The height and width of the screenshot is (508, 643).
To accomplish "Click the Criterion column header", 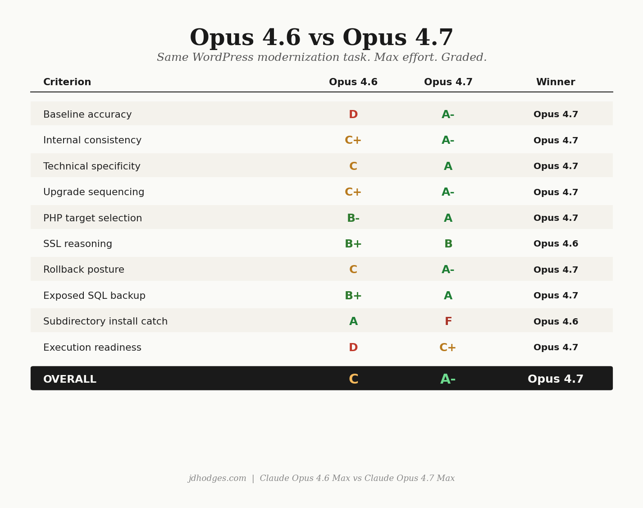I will (67, 82).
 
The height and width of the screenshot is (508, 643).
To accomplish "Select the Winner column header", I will (555, 82).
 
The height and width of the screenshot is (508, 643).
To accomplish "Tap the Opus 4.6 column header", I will (353, 82).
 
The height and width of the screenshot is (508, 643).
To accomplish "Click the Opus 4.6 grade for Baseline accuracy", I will (353, 115).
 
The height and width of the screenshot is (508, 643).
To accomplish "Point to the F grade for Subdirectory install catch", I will (448, 322).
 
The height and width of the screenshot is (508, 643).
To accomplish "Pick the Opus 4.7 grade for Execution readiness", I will (447, 348).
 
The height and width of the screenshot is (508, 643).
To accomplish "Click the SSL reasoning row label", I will (78, 244).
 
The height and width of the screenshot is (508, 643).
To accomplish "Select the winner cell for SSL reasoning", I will (556, 244).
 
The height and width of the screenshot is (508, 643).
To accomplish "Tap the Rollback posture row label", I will (84, 270).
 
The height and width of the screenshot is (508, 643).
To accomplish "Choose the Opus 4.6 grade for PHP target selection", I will (353, 219).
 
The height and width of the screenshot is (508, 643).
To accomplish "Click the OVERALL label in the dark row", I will (70, 380).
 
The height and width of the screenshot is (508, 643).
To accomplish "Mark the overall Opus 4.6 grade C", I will (353, 380).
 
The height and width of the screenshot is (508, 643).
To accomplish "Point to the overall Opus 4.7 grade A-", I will (448, 380).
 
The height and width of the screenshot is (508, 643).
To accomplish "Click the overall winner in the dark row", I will (556, 380).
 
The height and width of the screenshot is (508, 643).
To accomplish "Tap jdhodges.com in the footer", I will (217, 479).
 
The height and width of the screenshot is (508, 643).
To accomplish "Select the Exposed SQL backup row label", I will (94, 296).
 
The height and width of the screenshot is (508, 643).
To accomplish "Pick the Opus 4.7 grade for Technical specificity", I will (448, 167).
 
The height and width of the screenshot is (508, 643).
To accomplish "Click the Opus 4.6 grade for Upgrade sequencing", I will (353, 192).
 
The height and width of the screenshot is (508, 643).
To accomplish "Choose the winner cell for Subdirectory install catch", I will (556, 322).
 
